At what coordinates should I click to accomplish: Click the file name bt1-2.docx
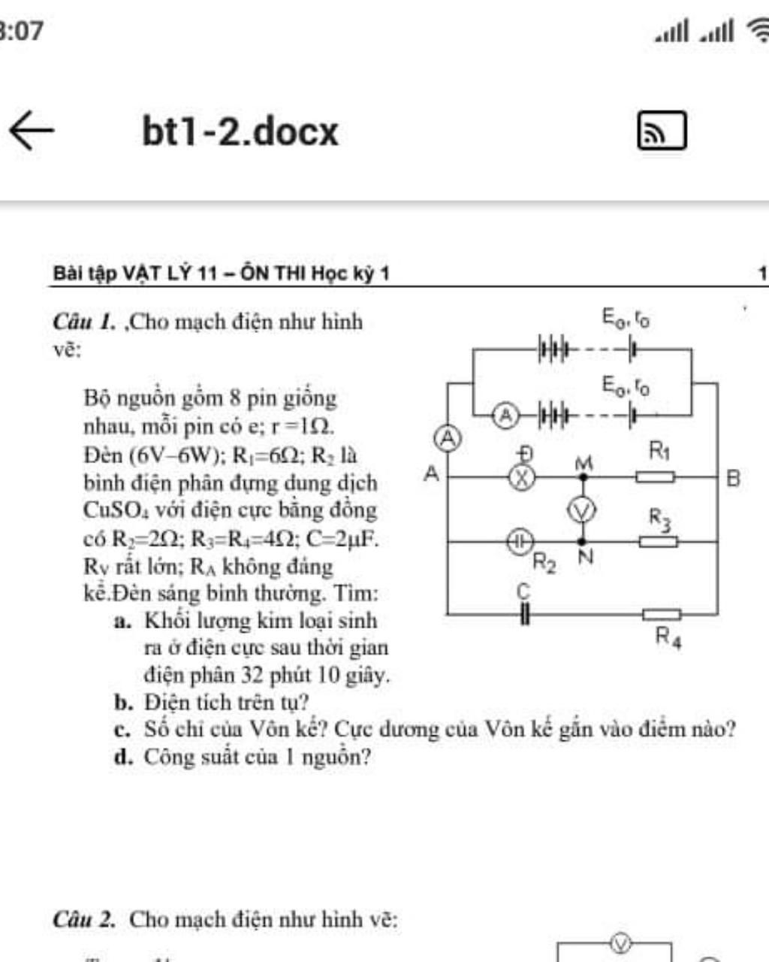240,132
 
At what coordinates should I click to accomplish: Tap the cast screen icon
661,132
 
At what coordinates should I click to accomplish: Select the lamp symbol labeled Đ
523,476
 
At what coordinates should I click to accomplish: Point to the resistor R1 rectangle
655,476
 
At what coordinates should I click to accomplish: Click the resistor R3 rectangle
658,541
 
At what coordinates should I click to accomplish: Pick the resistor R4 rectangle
661,615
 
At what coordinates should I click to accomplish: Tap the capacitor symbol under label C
524,615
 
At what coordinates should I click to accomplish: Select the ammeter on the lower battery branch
507,414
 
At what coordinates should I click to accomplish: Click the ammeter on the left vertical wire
448,437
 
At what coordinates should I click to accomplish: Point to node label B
734,478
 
